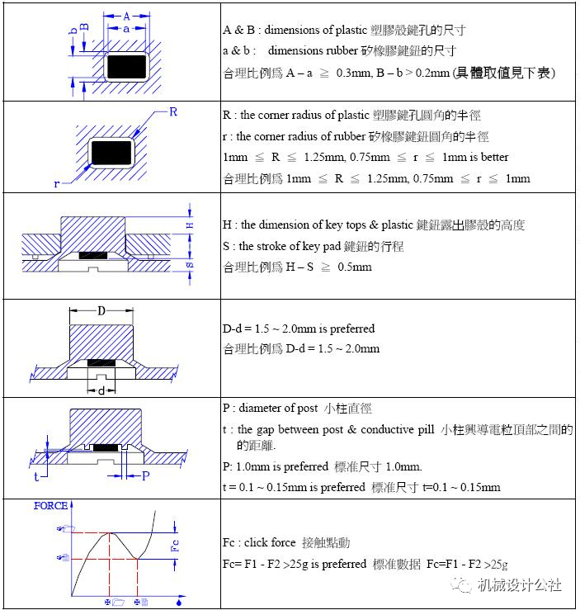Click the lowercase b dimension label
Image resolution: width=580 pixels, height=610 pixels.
(x=73, y=30)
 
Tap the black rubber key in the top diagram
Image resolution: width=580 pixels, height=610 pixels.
(x=125, y=64)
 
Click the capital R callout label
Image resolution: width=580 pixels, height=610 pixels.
(x=173, y=111)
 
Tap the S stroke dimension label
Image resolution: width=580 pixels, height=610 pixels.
(x=190, y=265)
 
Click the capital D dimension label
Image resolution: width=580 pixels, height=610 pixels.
(x=101, y=311)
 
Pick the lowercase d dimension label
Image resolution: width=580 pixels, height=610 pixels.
(x=101, y=390)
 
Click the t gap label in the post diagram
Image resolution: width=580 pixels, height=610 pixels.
(x=36, y=475)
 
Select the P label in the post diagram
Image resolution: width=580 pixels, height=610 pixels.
(x=145, y=475)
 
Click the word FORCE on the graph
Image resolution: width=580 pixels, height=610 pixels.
(x=50, y=505)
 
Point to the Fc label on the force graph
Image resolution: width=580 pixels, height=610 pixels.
(x=173, y=545)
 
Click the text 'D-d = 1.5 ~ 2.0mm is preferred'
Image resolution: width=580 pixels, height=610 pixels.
(x=299, y=329)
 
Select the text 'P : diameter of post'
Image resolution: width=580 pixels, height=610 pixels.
(x=276, y=408)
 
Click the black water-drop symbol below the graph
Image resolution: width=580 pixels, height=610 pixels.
(x=179, y=603)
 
